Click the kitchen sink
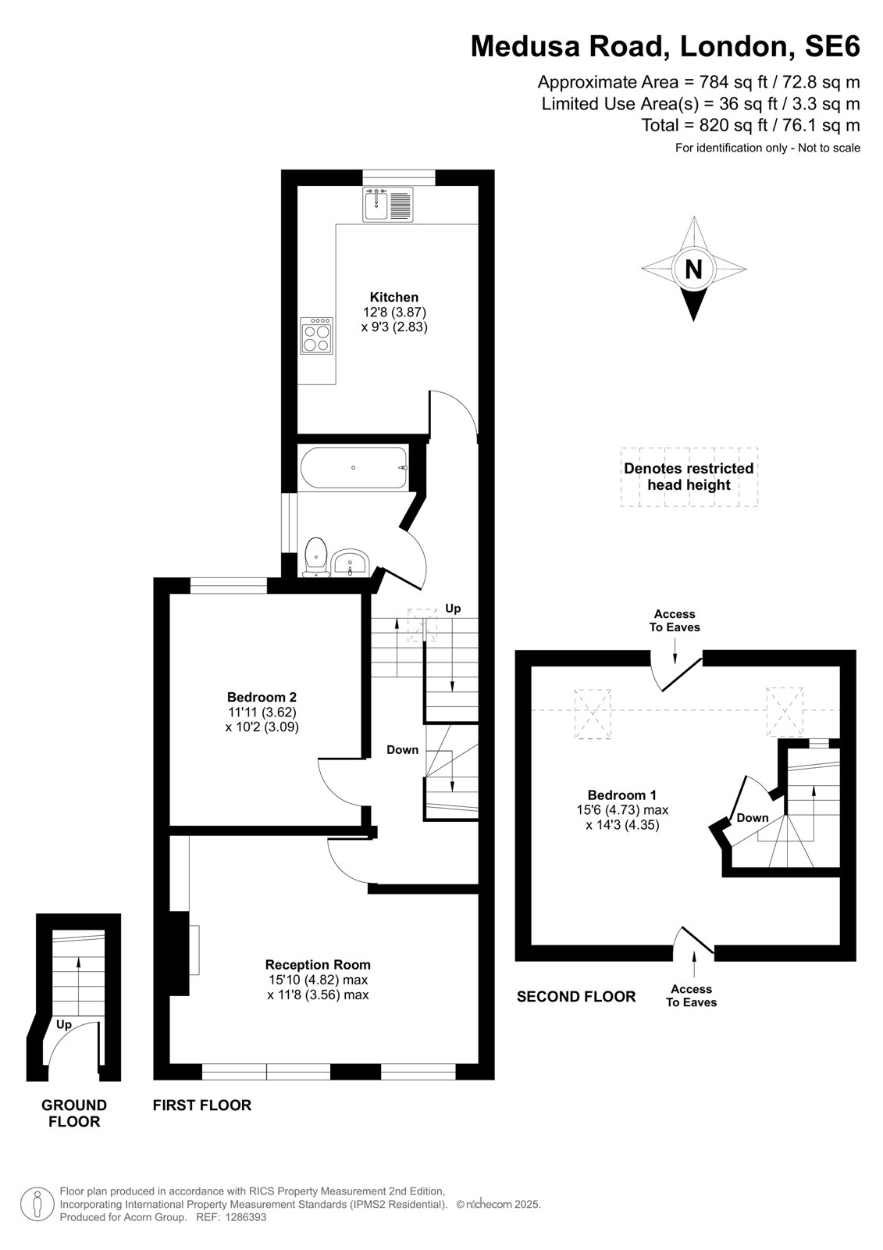click(388, 204)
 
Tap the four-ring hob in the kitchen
click(316, 335)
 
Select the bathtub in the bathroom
click(354, 468)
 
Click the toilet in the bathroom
click(315, 556)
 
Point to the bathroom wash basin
click(350, 562)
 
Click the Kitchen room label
click(393, 297)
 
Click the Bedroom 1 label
click(622, 795)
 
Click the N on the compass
click(693, 270)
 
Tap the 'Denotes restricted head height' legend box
click(689, 477)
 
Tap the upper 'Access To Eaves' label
click(675, 620)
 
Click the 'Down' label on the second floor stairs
click(753, 817)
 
